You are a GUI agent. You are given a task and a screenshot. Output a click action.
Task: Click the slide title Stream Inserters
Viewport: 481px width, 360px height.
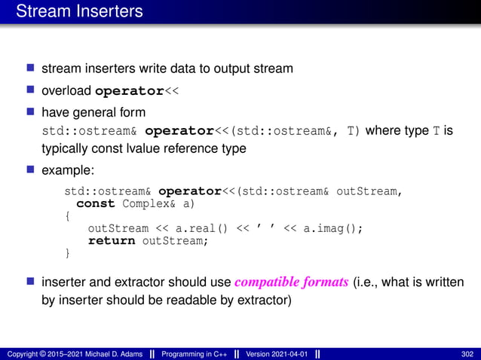[79, 12]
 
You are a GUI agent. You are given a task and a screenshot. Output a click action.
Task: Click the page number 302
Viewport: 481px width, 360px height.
[467, 354]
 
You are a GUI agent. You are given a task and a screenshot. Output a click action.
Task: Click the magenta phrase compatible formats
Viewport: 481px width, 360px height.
[292, 283]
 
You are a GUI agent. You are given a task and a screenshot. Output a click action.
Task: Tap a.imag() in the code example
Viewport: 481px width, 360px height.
[332, 229]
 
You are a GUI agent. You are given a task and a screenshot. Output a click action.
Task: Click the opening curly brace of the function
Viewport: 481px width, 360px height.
[67, 216]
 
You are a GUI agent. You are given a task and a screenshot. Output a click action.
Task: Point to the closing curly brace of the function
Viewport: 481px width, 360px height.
[67, 254]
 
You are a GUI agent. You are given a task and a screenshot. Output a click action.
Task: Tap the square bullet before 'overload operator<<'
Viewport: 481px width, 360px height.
[31, 91]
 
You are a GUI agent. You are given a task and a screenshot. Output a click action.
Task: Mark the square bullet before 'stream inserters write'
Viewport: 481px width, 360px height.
[31, 69]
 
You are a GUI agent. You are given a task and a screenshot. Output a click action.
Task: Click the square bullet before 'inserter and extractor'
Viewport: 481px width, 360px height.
[31, 283]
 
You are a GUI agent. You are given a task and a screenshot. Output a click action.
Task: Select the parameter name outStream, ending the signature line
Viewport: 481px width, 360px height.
[366, 191]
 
